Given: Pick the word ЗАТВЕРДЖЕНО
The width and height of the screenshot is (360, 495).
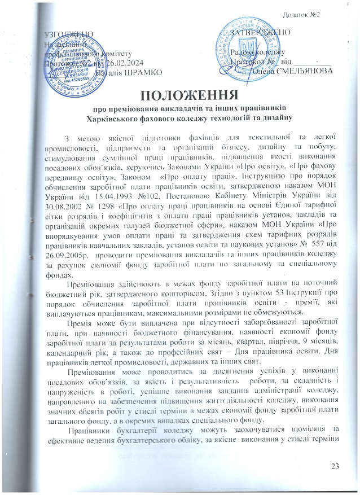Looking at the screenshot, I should tap(262, 32).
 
